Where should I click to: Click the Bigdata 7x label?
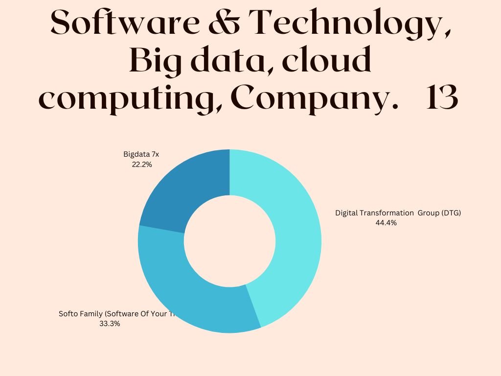tap(141, 154)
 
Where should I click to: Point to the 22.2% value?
tap(142, 165)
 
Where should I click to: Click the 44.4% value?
tap(386, 223)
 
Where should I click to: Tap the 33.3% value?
tap(110, 324)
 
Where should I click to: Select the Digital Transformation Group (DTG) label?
tap(398, 213)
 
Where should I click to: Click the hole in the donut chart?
tap(229, 241)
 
